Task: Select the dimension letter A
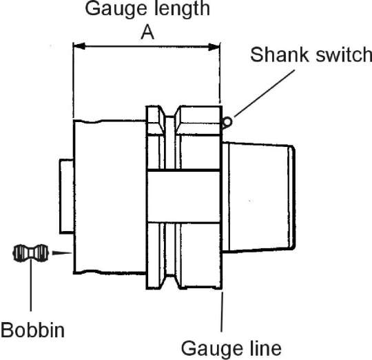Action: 147,33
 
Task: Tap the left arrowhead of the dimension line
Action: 79,46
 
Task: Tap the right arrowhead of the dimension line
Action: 214,47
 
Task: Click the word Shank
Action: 279,54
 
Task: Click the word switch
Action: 342,54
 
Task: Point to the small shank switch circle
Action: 227,122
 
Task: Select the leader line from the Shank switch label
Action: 265,93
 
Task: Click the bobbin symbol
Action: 31,253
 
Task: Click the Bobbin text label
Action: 32,330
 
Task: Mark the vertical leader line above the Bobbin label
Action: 31,285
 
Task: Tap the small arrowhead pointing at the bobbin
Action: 62,253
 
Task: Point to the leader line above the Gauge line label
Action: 222,312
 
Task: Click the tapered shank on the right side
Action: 258,196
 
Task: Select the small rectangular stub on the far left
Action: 66,196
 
